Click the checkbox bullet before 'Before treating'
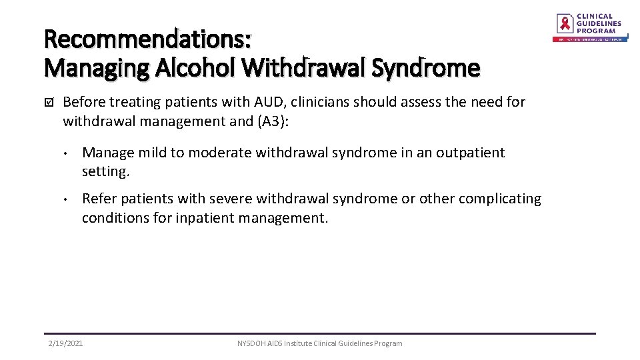pos(48,103)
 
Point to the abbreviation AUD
pos(269,102)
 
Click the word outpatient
pos(471,153)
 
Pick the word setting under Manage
pos(104,171)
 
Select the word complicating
pos(500,199)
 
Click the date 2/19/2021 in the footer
pos(66,343)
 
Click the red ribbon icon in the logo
pos(565,23)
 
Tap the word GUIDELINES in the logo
pos(599,23)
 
